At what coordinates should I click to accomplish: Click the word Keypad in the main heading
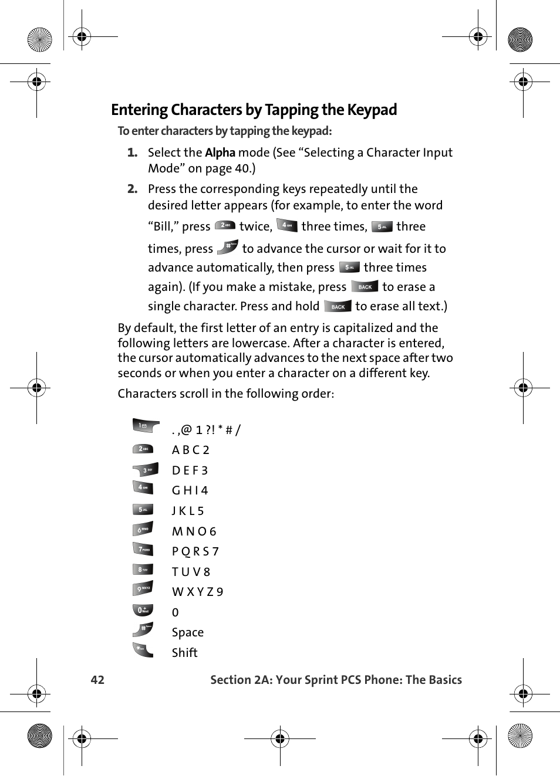(372, 110)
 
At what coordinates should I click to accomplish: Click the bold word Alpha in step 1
(220, 153)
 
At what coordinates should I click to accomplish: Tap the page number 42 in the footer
(97, 680)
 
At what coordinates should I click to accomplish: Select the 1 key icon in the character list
(144, 426)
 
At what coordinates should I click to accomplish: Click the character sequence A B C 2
(190, 450)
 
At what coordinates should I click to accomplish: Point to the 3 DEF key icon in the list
(145, 470)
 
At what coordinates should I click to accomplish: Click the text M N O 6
(194, 531)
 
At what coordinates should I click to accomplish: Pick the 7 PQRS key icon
(143, 550)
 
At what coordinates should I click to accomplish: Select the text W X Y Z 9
(197, 592)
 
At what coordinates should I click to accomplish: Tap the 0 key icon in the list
(143, 610)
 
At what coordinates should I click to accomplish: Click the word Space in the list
(187, 632)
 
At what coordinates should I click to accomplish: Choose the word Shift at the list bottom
(184, 653)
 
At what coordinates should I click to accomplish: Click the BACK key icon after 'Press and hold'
(338, 306)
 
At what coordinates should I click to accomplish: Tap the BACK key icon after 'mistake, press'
(365, 287)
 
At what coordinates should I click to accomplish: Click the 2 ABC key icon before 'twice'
(225, 226)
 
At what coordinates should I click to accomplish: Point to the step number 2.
(132, 189)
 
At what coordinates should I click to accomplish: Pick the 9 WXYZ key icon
(143, 588)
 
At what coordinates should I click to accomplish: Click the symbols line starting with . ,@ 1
(206, 430)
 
